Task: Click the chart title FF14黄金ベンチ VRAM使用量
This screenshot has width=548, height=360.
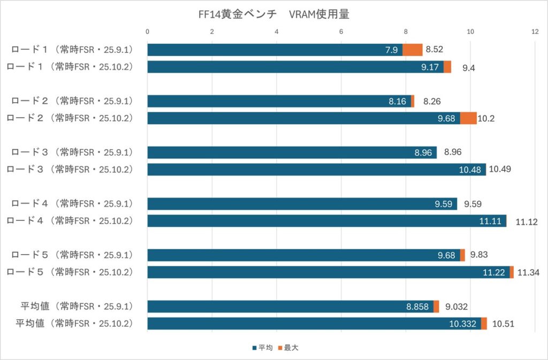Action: click(x=273, y=14)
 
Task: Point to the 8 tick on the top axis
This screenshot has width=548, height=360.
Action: click(x=406, y=32)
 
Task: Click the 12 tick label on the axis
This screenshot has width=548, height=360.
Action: click(x=535, y=32)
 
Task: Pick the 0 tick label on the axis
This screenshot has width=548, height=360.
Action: click(x=148, y=32)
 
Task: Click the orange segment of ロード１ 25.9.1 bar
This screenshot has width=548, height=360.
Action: click(x=413, y=50)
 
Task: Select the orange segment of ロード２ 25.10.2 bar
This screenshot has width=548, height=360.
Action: click(x=468, y=118)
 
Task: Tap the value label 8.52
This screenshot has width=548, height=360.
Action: click(x=434, y=50)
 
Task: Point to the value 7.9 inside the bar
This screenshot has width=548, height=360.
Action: click(x=391, y=50)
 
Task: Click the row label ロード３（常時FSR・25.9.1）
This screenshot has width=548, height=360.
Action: click(x=72, y=152)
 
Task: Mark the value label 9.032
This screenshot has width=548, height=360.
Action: click(x=456, y=307)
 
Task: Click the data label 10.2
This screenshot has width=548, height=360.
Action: click(x=486, y=118)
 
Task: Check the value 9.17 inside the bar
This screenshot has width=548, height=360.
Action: click(x=431, y=67)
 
